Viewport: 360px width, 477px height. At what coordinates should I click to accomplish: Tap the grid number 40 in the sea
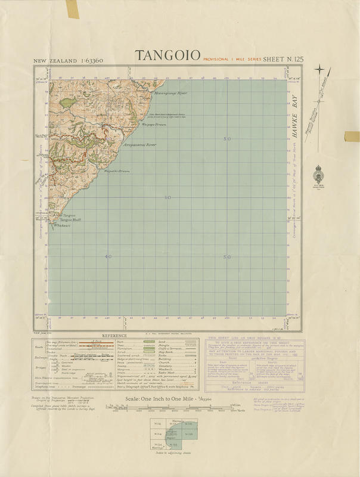coord(108,257)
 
